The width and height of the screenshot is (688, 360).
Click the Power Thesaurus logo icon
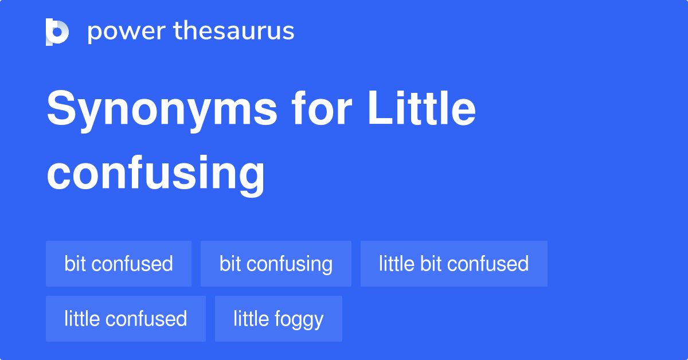[57, 32]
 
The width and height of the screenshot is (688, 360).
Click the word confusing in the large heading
[155, 173]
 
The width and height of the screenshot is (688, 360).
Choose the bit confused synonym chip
[119, 264]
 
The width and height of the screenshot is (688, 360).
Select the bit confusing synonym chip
[276, 264]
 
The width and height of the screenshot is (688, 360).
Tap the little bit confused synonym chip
[454, 264]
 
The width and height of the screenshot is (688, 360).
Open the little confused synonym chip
[126, 319]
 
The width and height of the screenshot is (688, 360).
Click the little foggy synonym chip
[278, 319]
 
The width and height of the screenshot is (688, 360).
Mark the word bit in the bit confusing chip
[229, 264]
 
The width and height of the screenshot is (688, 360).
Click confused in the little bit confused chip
[488, 264]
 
